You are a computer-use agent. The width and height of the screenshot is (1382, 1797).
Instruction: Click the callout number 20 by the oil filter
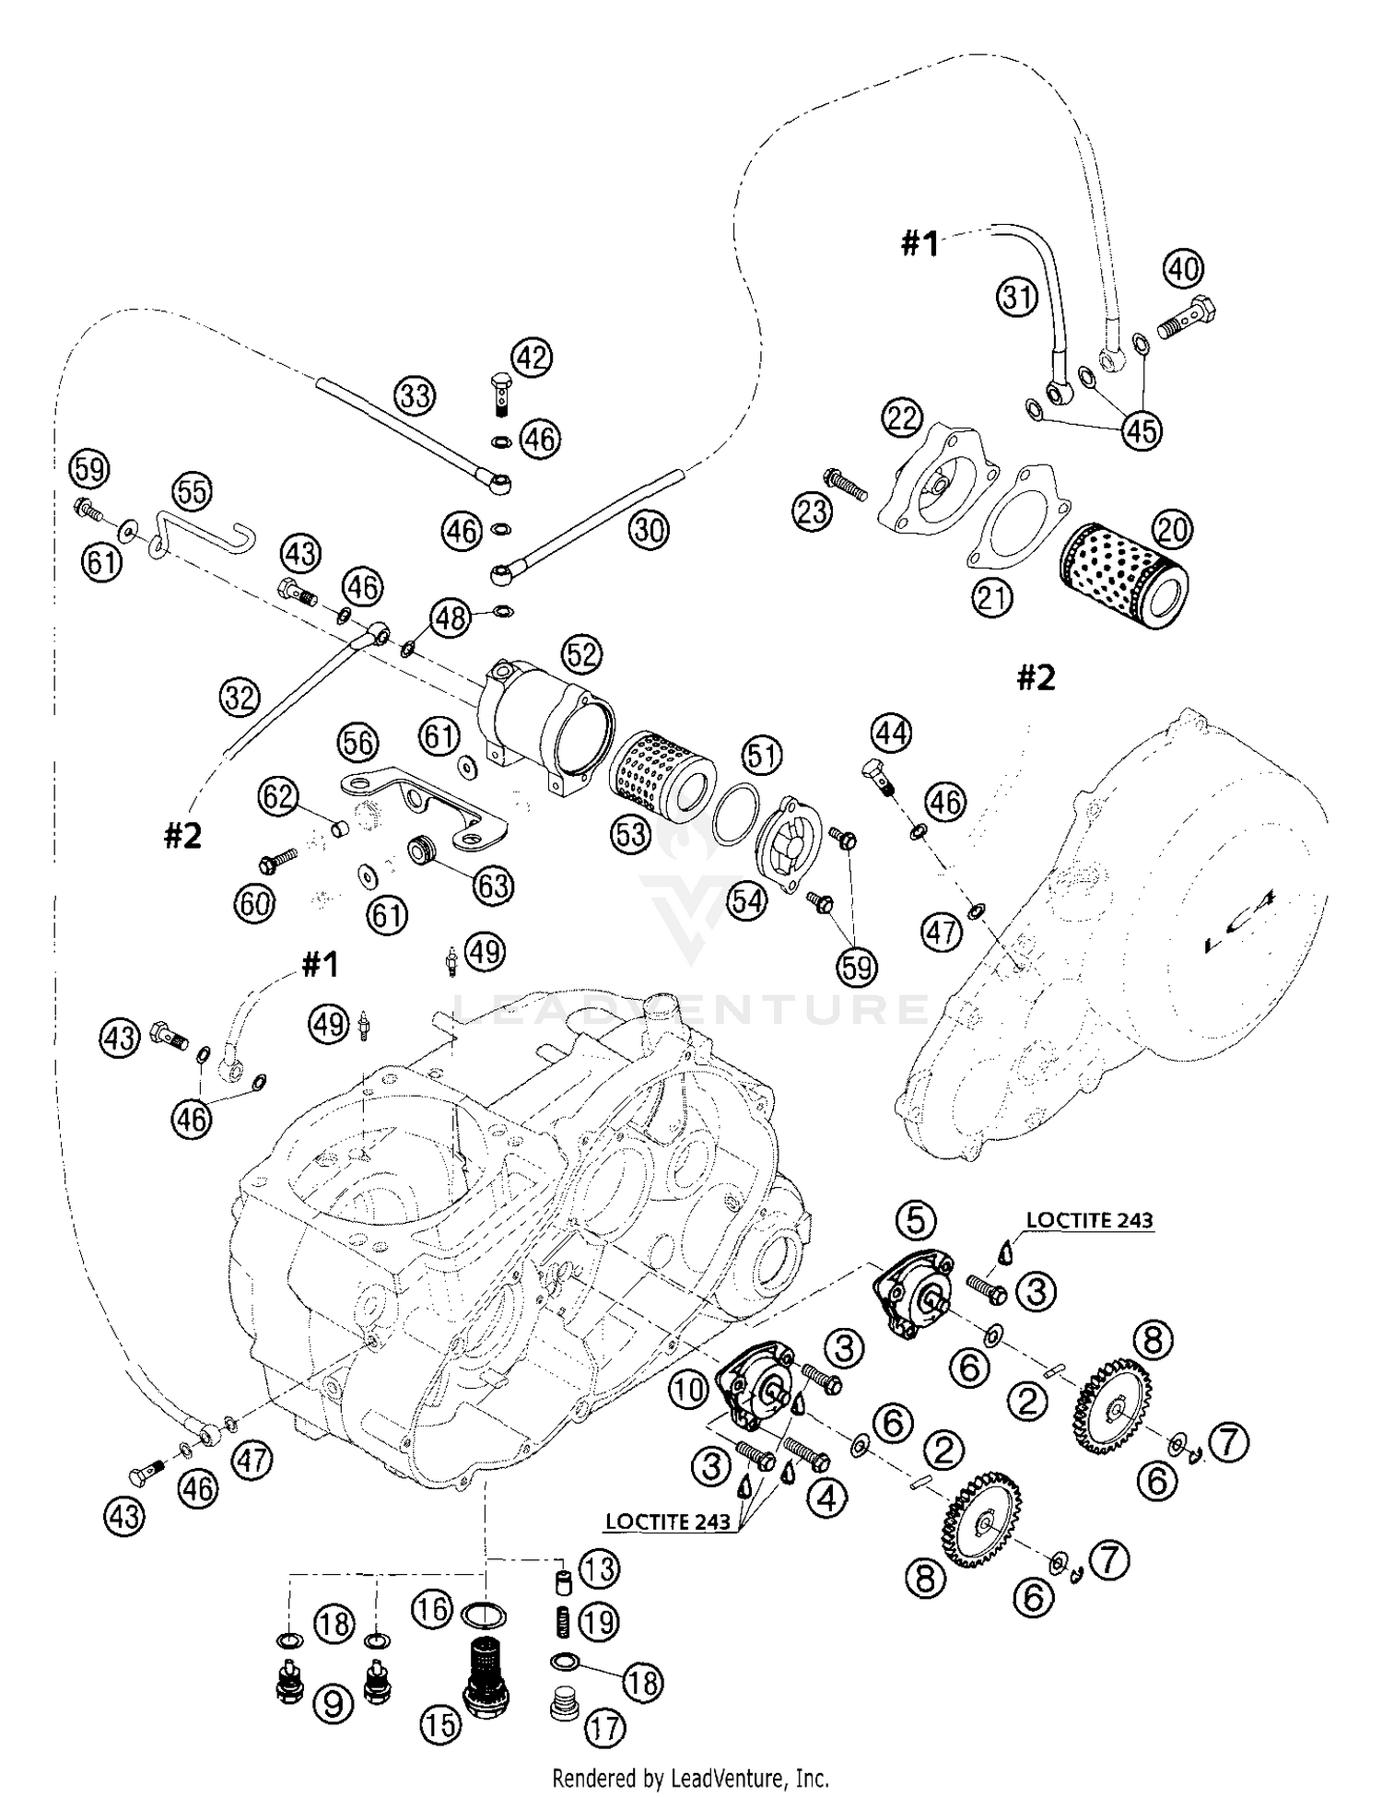coord(1172,530)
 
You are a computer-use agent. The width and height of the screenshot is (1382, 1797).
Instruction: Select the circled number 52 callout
coord(581,654)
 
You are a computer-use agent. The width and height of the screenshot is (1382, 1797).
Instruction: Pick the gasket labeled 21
coord(1019,521)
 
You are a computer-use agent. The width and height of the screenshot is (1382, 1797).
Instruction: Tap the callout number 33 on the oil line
coord(416,396)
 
